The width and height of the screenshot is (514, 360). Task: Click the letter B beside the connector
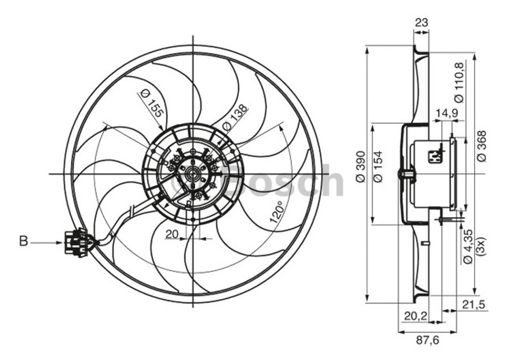[23, 242]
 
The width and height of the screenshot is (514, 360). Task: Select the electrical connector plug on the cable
[76, 242]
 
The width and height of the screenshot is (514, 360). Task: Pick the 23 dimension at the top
[421, 23]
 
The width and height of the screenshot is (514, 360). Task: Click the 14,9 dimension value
[446, 113]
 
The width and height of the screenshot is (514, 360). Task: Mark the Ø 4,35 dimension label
[467, 246]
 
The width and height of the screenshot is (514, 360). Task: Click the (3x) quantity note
[481, 246]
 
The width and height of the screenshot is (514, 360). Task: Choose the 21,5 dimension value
[473, 305]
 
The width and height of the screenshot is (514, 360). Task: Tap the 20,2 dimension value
[415, 315]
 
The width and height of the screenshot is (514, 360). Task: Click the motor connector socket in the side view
[435, 155]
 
